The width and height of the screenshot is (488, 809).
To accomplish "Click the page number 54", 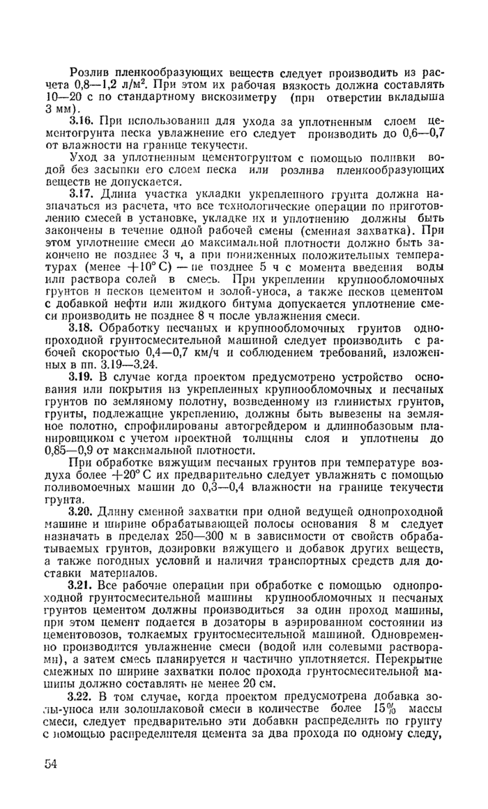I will coord(49,764).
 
